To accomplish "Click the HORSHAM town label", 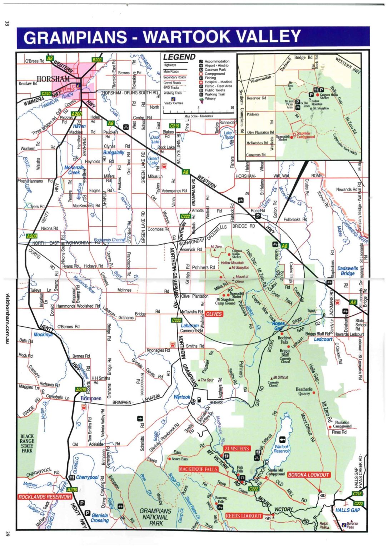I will click(54, 79).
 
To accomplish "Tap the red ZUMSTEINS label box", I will click(237, 448).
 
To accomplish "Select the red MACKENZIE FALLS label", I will click(198, 469).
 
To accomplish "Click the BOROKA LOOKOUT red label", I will click(308, 475).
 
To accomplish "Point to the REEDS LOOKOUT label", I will click(244, 516).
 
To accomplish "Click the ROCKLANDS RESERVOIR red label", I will click(45, 497).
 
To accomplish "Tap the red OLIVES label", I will click(214, 314).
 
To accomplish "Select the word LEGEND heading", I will click(179, 57).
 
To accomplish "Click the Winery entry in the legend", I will click(210, 99).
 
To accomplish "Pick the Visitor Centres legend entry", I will click(173, 103).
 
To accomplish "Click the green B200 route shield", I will click(97, 60).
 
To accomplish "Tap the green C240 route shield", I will click(46, 94).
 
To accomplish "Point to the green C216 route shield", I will click(357, 494).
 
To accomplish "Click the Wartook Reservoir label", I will click(282, 449).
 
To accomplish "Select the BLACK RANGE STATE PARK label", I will click(27, 444).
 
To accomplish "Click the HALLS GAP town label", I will click(348, 510).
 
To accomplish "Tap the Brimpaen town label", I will click(91, 398).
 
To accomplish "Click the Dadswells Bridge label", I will click(347, 271).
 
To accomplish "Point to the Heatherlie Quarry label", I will click(304, 391).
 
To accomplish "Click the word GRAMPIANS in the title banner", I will click(75, 38).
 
